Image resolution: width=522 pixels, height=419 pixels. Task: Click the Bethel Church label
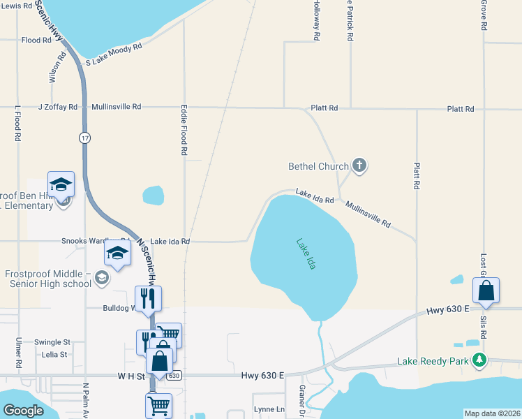[x=318, y=166]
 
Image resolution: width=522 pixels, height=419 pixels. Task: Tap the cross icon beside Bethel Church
[x=359, y=166]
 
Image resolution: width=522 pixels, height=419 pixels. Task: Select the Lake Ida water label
[x=305, y=254]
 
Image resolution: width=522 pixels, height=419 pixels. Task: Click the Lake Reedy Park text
[x=433, y=361]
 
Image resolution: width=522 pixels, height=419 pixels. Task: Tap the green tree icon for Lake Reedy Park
[x=479, y=360]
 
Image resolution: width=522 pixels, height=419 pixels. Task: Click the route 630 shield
[x=175, y=375]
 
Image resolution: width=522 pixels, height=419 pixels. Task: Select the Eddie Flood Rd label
[x=184, y=131]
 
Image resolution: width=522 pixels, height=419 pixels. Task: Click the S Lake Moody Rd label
[x=114, y=54]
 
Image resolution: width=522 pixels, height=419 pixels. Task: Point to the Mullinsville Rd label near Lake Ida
[x=368, y=214]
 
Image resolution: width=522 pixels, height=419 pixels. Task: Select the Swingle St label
[x=53, y=342]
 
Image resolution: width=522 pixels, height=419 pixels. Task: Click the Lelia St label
[x=54, y=354]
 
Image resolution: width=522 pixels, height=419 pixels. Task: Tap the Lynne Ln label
[x=269, y=409]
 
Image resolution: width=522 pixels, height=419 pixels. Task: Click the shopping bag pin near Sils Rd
[x=486, y=291]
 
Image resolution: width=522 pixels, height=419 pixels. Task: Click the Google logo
[x=24, y=411]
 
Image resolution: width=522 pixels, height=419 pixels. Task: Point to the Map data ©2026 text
[x=492, y=413]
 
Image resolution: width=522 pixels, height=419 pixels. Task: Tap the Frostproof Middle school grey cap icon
[x=102, y=279]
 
